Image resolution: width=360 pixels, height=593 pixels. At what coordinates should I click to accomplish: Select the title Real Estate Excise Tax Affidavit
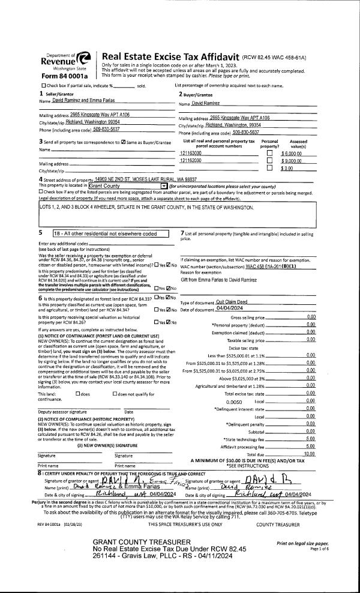[x=171, y=57]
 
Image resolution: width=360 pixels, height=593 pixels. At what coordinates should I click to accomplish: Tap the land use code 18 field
[x=114, y=233]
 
